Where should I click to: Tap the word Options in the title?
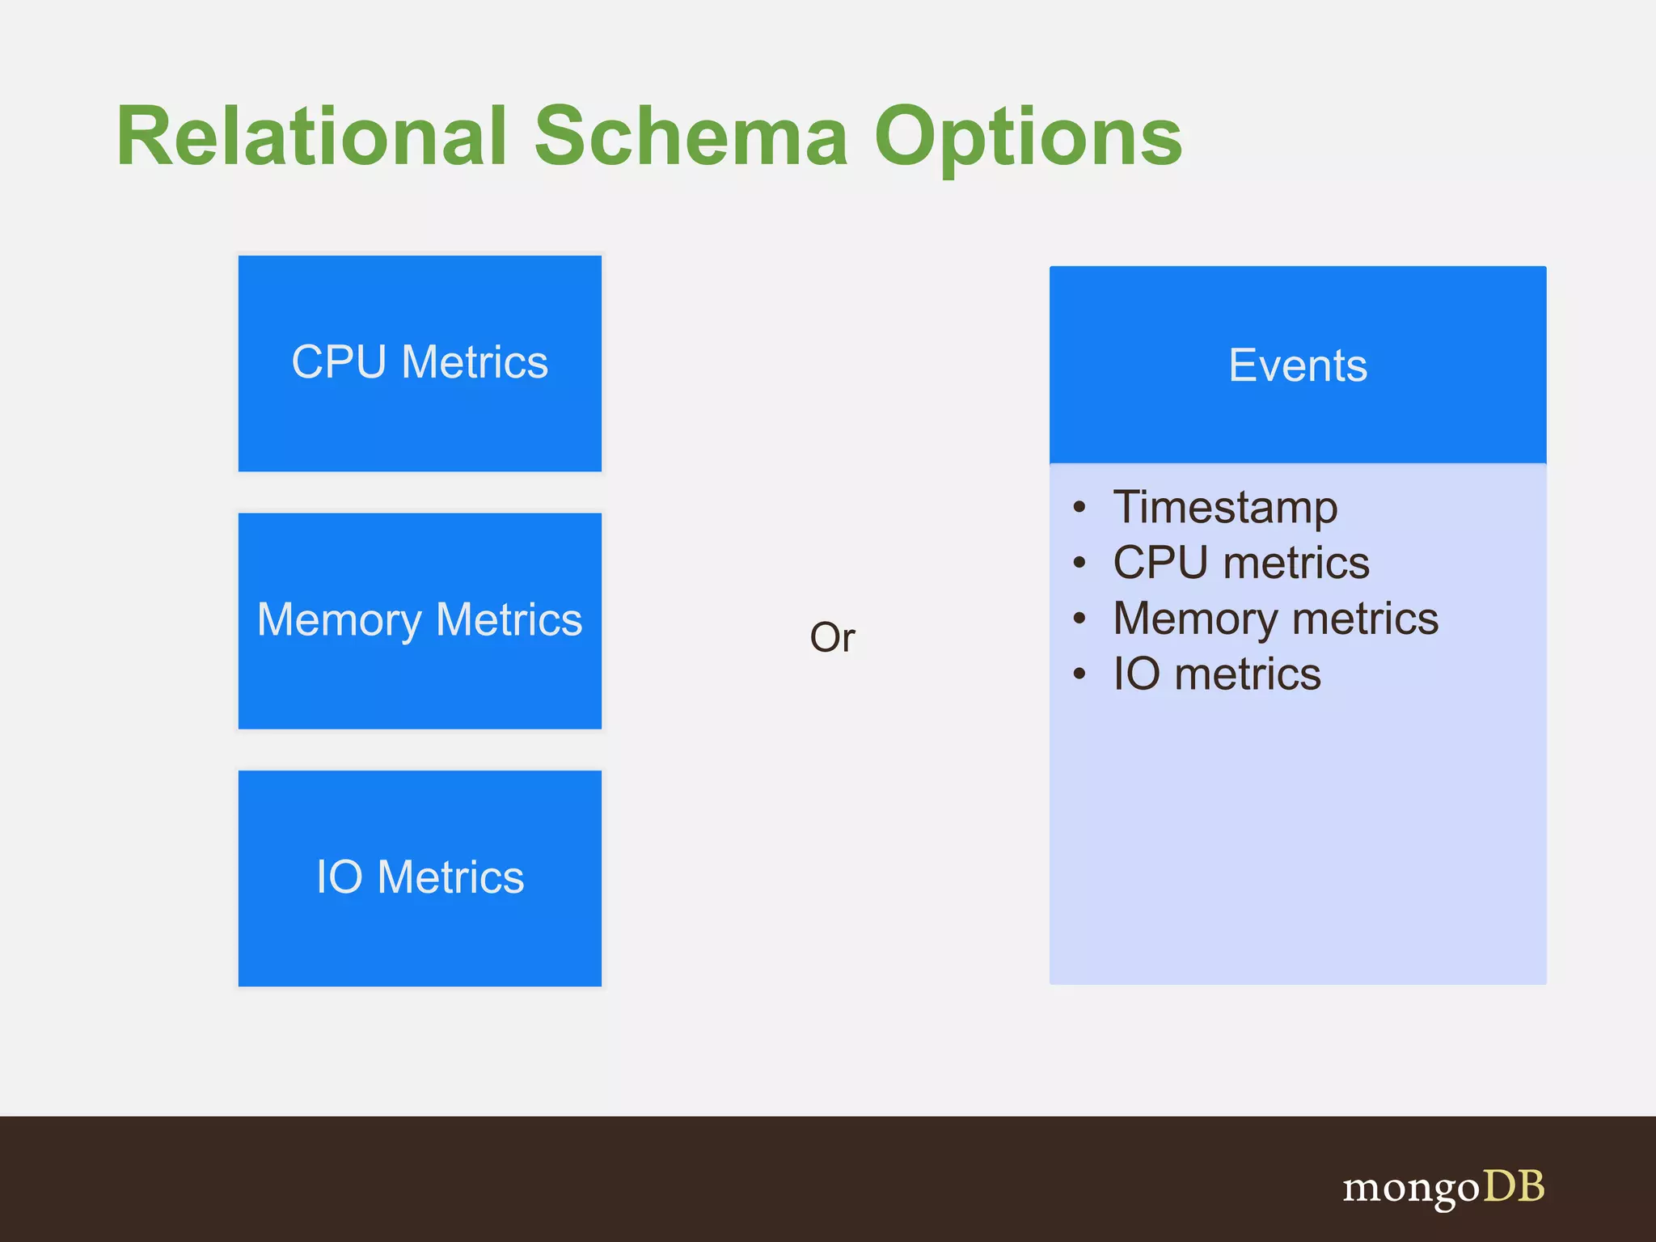[1029, 137]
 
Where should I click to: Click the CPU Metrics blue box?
[420, 363]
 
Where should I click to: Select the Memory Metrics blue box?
[420, 620]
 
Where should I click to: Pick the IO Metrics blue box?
[420, 878]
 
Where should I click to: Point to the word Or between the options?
[832, 637]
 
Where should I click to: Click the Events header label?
[1298, 365]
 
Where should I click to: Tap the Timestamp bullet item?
[1225, 507]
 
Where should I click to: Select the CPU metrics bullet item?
[1241, 563]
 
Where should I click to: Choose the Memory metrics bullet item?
[1275, 619]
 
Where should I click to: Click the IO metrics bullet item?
[1217, 674]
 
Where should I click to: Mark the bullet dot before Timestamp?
[1079, 508]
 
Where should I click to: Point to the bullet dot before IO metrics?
[1079, 674]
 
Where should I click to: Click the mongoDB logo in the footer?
[1443, 1188]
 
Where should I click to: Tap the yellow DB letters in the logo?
[1513, 1186]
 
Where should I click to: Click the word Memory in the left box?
[340, 620]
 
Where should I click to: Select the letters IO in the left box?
[339, 877]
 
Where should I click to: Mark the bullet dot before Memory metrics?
[1079, 619]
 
